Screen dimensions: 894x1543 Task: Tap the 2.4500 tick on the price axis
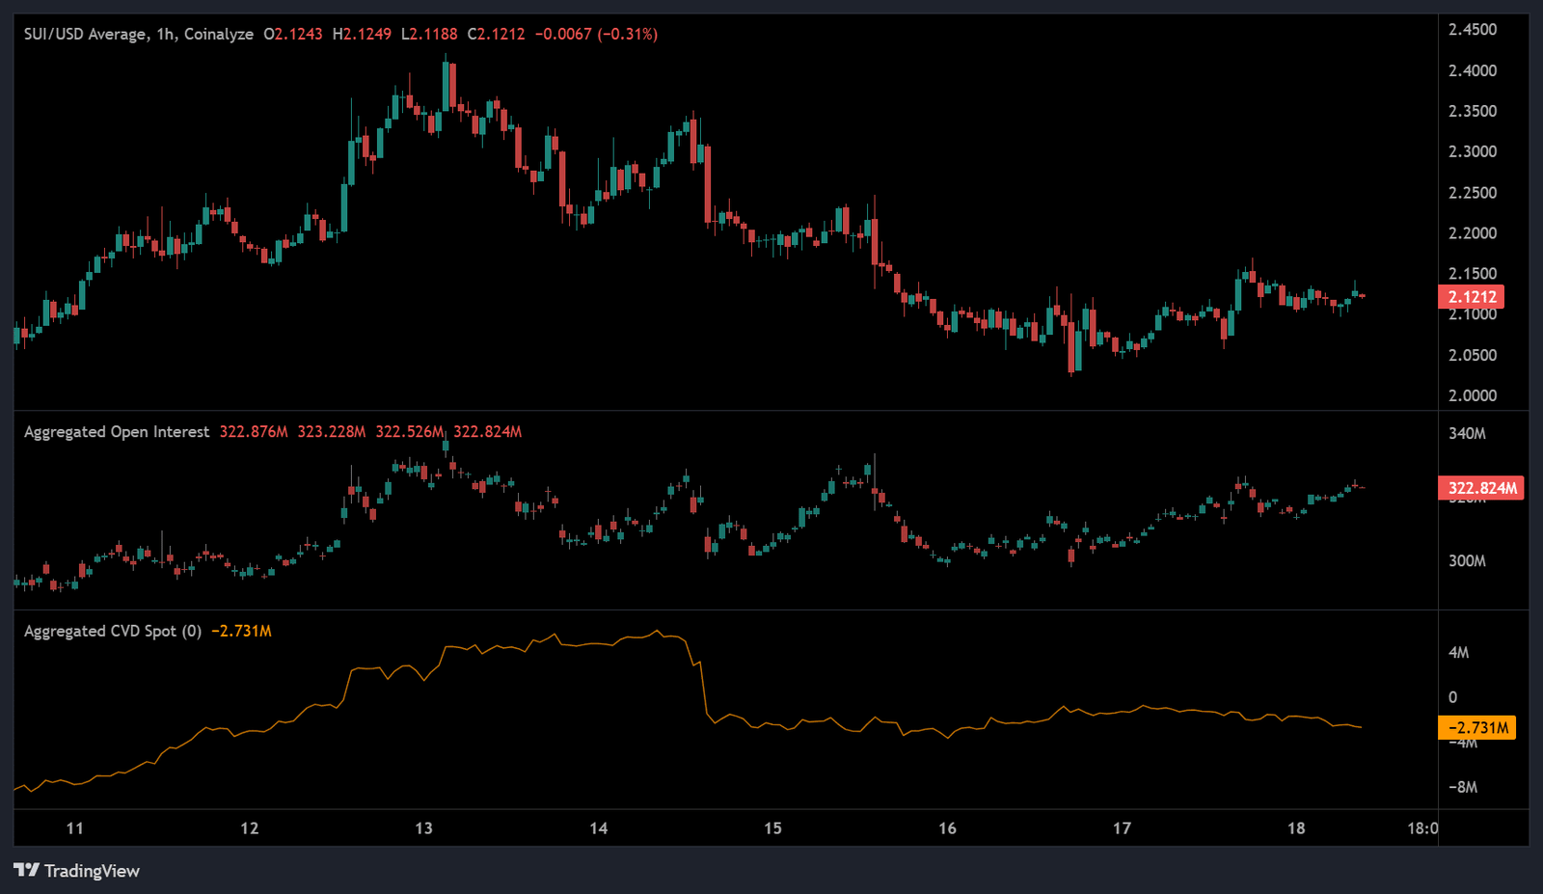(x=1473, y=30)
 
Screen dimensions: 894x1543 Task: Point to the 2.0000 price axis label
(x=1473, y=395)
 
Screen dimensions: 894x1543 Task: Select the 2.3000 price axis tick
(x=1473, y=151)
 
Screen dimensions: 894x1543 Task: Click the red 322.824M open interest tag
(x=1481, y=488)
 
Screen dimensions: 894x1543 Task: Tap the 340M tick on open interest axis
(x=1467, y=433)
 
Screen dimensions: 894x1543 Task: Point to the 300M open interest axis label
(x=1467, y=560)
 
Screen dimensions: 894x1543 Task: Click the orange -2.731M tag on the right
(x=1476, y=727)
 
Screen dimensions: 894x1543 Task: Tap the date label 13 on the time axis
(x=423, y=827)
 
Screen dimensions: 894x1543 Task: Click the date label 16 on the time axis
(x=947, y=827)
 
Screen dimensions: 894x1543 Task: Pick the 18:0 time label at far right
(x=1422, y=827)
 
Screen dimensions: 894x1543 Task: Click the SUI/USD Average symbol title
(x=85, y=34)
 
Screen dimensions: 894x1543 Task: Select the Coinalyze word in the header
(x=219, y=34)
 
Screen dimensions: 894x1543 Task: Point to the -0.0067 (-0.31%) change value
(x=596, y=34)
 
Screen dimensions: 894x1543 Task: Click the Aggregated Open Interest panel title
(x=117, y=432)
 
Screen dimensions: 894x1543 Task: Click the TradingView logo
(x=77, y=871)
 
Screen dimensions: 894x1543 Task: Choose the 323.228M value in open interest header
(x=332, y=432)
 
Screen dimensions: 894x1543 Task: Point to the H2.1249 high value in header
(x=362, y=34)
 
